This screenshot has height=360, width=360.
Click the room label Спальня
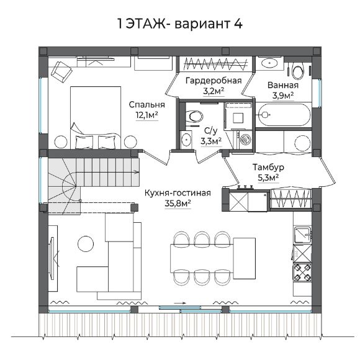coord(147,105)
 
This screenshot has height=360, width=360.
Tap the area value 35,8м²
coord(178,204)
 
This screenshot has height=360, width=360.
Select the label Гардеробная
coord(214,81)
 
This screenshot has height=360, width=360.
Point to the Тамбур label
coord(268,167)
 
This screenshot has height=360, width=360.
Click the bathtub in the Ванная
coord(284,115)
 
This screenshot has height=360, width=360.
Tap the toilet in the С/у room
coord(194,116)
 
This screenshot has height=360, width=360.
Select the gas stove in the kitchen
coord(302,272)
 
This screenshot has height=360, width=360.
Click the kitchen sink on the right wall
coord(303,235)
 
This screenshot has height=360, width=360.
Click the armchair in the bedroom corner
coord(61,71)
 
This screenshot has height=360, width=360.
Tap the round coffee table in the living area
coord(86,244)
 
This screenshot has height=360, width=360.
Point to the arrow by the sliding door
coord(180,303)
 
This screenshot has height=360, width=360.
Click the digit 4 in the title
coord(238,24)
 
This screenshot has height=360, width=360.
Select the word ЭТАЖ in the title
coord(146,24)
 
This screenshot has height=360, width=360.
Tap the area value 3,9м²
coord(283,96)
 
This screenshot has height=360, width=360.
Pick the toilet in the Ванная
coord(299,71)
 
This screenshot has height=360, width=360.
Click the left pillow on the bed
coord(84,142)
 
